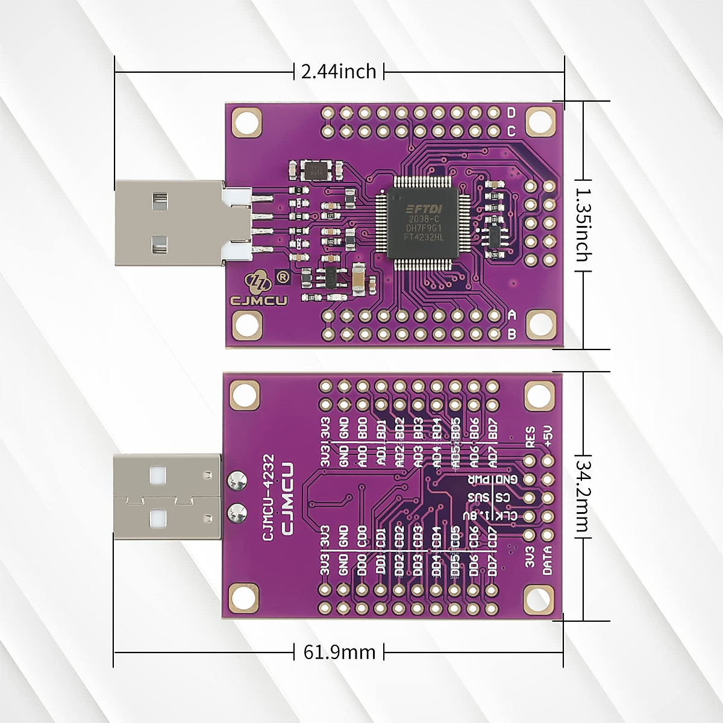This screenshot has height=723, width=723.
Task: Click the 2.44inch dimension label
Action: pos(339,72)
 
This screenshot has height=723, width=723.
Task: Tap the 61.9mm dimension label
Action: pos(339,652)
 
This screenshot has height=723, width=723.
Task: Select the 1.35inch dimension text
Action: pos(582,225)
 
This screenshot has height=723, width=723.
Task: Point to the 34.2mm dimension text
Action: pos(582,496)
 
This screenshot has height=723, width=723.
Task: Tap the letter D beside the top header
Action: pos(512,113)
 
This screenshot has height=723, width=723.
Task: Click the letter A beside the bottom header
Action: pos(512,315)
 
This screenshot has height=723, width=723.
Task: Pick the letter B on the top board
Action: pos(512,334)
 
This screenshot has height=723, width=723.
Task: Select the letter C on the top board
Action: pos(512,131)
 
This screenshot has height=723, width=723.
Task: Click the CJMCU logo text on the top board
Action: pos(259,300)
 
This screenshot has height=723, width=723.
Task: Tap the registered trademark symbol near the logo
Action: pos(281,277)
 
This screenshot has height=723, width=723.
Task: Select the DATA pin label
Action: pos(548,559)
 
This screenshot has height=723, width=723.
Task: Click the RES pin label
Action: pos(530,437)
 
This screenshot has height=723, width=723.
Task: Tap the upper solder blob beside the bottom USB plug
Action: pos(236,480)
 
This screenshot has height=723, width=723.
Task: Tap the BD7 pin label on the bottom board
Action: pos(493,428)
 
